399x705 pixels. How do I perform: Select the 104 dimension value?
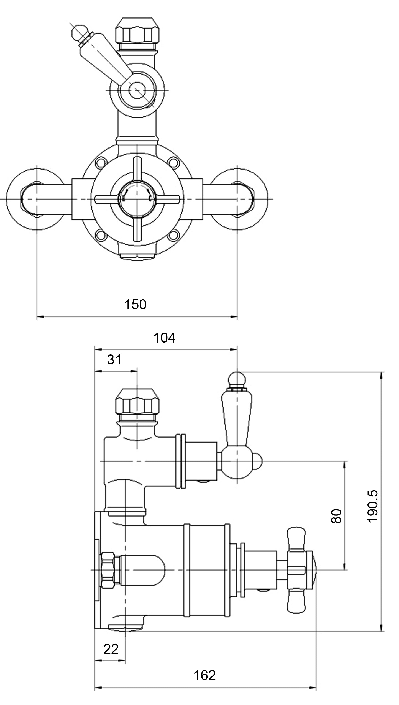[x=164, y=338]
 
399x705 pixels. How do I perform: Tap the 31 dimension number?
[x=114, y=360]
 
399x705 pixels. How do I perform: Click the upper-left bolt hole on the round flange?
[x=100, y=162]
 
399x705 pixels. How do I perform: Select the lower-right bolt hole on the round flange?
[x=173, y=235]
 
